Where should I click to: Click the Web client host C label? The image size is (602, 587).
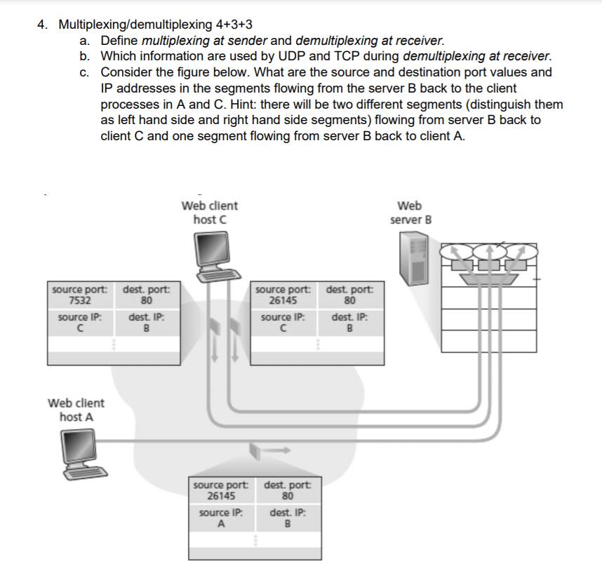tap(209, 212)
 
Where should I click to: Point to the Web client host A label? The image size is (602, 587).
tap(76, 410)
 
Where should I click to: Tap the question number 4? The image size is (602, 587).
tap(43, 25)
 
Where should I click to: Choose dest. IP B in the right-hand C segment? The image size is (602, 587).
tap(348, 328)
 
